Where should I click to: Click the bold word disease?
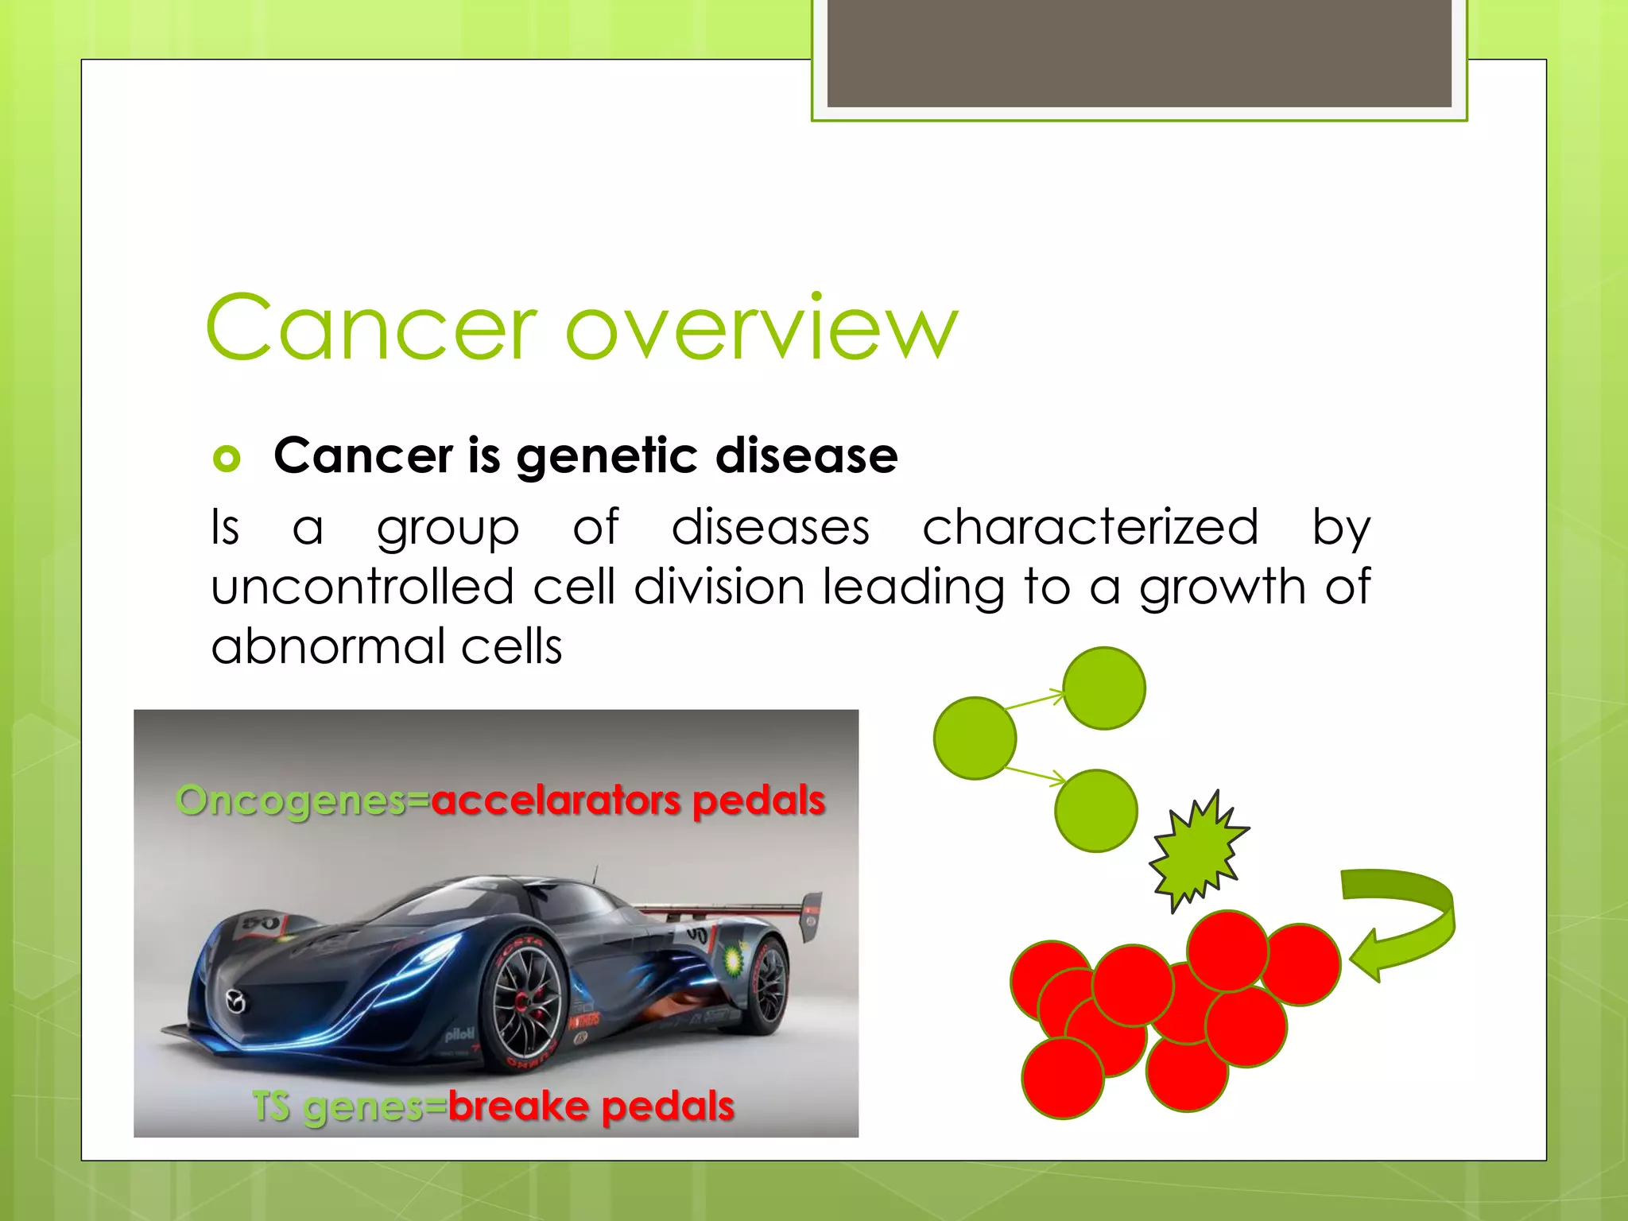806,455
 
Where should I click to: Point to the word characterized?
1090,527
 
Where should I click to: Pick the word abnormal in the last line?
327,646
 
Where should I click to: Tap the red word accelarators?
556,800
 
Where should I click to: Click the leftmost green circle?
975,738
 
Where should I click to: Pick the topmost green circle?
1104,688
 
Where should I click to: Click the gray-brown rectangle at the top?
1139,52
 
